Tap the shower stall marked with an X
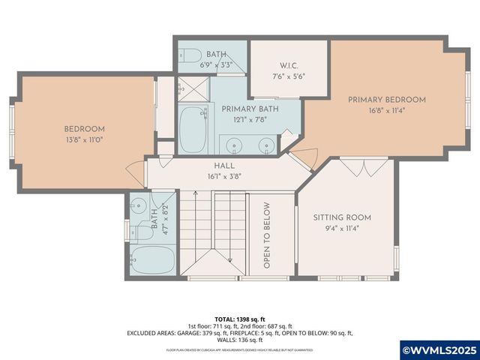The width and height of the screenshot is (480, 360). pyautogui.click(x=193, y=88)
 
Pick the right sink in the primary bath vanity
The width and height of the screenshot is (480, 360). pyautogui.click(x=265, y=145)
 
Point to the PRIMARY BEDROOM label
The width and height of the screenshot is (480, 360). pyautogui.click(x=386, y=100)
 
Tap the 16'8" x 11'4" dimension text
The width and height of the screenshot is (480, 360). pyautogui.click(x=386, y=111)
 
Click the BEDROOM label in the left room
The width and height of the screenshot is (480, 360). pyautogui.click(x=83, y=127)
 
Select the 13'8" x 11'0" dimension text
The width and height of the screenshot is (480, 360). pyautogui.click(x=83, y=139)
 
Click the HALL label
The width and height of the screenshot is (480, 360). pyautogui.click(x=224, y=166)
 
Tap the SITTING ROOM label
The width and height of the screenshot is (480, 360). pyautogui.click(x=342, y=217)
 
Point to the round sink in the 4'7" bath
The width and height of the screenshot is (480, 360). pyautogui.click(x=138, y=205)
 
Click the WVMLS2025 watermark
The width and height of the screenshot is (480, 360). pyautogui.click(x=439, y=349)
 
